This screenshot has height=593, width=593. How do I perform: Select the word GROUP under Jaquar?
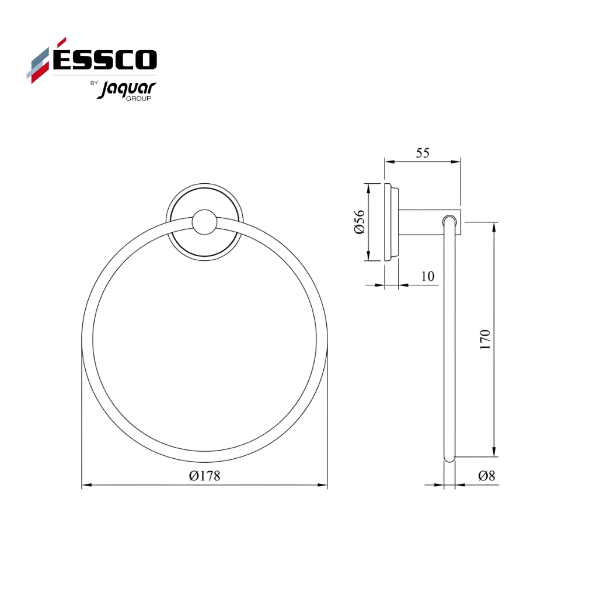tap(138, 99)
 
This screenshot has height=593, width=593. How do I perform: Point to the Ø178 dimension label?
tap(204, 476)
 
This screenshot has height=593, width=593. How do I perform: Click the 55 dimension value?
tap(422, 153)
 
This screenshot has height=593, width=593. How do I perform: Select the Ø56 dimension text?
tap(360, 222)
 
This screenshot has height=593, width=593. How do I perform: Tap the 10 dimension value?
tap(428, 276)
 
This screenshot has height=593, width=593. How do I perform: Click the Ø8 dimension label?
tap(486, 476)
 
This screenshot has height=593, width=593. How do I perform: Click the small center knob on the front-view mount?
tap(204, 222)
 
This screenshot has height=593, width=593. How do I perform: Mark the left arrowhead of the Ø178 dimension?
tap(86, 485)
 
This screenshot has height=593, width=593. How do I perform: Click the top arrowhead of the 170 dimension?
tap(495, 226)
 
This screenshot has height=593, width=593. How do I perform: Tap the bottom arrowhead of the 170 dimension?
tap(495, 452)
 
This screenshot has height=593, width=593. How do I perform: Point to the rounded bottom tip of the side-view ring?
tap(449, 461)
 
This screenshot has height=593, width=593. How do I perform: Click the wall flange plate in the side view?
tap(391, 222)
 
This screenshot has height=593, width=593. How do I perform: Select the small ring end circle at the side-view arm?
tap(449, 221)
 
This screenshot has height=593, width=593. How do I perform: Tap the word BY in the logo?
tap(93, 83)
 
